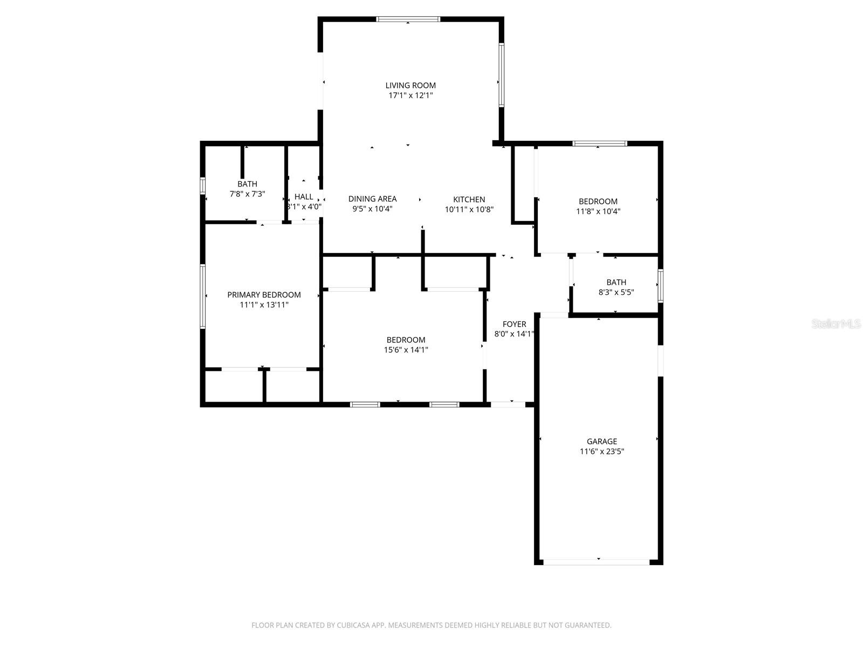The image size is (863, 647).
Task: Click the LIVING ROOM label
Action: (410, 85)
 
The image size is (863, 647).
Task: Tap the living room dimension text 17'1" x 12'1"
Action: (410, 95)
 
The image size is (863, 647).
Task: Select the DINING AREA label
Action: (372, 199)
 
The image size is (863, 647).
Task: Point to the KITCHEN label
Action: (469, 199)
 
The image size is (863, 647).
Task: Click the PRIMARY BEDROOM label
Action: (264, 295)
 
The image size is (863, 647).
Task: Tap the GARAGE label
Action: (601, 442)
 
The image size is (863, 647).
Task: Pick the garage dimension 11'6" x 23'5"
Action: (601, 452)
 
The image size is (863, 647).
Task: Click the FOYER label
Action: (514, 324)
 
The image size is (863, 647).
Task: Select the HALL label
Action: (304, 197)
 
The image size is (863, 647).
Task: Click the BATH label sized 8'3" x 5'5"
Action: (616, 282)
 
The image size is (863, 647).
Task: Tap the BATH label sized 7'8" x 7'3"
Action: (247, 184)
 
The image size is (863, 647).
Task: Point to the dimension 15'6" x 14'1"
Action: (406, 350)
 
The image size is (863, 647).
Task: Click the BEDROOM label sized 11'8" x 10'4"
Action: (598, 202)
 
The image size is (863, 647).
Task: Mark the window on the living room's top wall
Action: (408, 19)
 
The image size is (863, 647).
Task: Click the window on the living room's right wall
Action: (501, 74)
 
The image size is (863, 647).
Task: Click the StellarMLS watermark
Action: (837, 324)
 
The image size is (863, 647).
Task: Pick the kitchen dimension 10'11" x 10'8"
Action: (469, 210)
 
